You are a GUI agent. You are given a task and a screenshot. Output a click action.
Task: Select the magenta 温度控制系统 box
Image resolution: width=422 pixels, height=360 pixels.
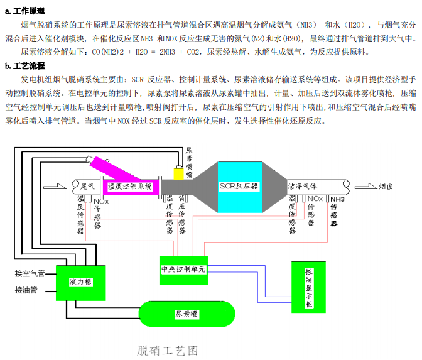[131, 187]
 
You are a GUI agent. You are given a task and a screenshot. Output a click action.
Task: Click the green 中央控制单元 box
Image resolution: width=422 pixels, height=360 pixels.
[183, 268]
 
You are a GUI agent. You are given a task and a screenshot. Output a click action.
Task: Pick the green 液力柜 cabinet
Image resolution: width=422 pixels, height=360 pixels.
[80, 282]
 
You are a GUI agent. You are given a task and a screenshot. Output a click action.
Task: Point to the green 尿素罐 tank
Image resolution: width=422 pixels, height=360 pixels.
[187, 313]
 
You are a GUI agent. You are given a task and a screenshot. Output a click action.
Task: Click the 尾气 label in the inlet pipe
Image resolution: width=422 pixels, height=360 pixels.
[88, 186]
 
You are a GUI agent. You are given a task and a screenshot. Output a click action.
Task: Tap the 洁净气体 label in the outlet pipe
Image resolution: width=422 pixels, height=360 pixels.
[303, 187]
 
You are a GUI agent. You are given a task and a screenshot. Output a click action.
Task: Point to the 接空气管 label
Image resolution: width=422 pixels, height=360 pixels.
[30, 273]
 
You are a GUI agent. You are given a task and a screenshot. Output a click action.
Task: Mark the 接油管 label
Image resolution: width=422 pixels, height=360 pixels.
[26, 290]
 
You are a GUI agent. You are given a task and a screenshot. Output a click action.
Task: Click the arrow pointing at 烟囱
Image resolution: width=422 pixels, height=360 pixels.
[364, 187]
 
